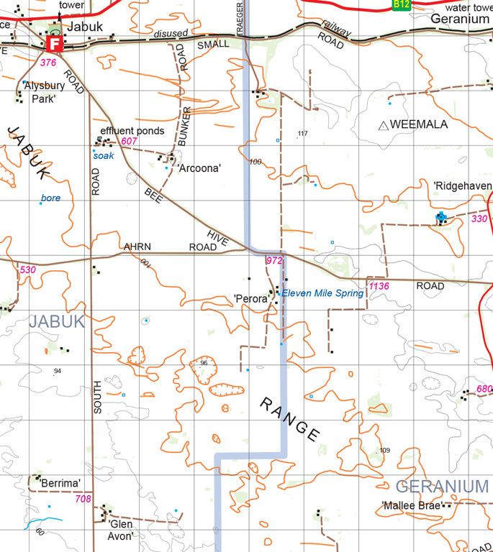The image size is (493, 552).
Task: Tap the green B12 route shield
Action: pos(402,4)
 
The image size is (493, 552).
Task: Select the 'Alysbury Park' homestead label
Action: pos(44,91)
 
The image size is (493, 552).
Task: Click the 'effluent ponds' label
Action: pos(132,131)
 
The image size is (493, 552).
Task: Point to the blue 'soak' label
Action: pos(104,155)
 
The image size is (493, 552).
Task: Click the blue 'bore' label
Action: pos(51,198)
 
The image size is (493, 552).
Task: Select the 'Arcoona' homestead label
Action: pos(199,168)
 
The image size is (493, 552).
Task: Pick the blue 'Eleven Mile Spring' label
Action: pos(322,293)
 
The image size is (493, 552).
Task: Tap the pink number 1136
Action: pos(379,287)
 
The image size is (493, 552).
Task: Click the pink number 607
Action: pos(129,141)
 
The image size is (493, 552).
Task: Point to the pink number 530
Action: pos(28,270)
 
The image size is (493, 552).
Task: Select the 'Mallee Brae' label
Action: pos(411,505)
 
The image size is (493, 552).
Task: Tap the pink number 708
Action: pos(83,498)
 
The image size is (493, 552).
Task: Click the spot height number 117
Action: pos(302,134)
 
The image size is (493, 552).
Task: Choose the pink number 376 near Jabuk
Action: pos(48,63)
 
